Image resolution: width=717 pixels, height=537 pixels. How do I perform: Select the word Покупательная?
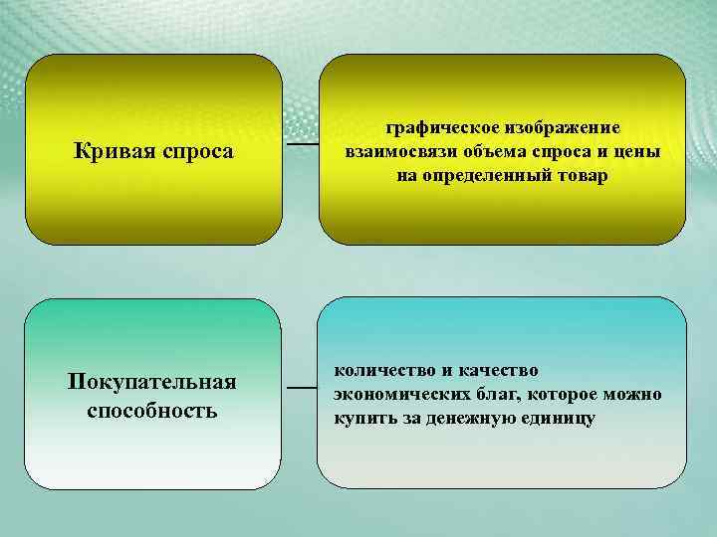[152, 384]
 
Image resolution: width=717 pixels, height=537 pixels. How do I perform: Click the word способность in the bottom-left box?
[152, 409]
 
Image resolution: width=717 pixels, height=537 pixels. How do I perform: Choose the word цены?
[637, 152]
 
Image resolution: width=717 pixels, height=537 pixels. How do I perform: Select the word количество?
[382, 371]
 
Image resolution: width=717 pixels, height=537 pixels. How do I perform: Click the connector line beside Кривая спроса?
[302, 144]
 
